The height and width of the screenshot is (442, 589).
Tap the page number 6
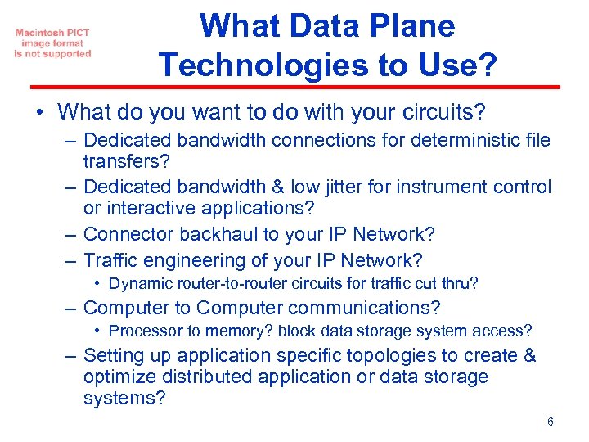pos(551,422)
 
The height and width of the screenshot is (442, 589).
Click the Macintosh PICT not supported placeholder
pos(52,43)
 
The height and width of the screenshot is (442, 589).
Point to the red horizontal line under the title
pos(294,87)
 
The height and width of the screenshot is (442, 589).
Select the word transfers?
pos(125,162)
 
